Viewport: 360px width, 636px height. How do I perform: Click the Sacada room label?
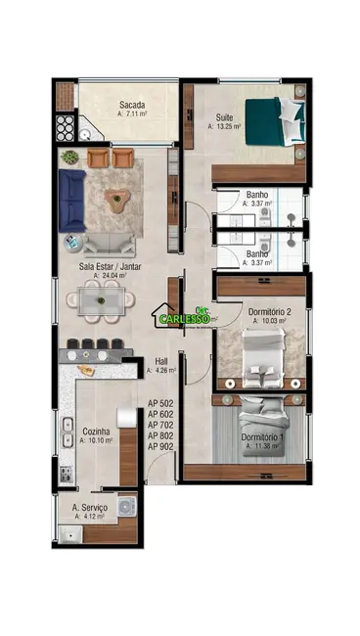[x=133, y=105]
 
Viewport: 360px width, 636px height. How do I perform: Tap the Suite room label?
[x=223, y=117]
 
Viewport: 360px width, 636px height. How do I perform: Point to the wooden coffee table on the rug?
[x=119, y=202]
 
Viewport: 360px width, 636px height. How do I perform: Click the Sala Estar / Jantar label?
[x=109, y=266]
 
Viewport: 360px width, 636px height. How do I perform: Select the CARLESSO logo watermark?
[x=186, y=316]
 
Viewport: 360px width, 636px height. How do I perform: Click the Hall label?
[x=161, y=360]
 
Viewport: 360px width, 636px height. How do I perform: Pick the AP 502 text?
[x=160, y=403]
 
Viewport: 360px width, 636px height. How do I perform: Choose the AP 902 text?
[x=160, y=446]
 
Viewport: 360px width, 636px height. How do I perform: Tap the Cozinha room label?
[x=95, y=431]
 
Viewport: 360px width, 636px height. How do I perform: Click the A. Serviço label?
[x=90, y=508]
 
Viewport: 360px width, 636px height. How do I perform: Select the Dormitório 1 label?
[x=260, y=436]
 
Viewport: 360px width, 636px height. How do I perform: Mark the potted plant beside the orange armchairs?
[x=68, y=157]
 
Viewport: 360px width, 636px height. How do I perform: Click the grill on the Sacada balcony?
[x=65, y=128]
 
